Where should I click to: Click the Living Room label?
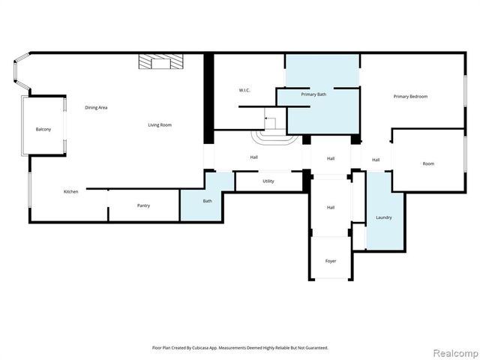pyautogui.click(x=160, y=124)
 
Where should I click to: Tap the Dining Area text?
pyautogui.click(x=96, y=108)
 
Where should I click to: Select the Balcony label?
pyautogui.click(x=43, y=130)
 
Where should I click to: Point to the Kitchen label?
pyautogui.click(x=70, y=192)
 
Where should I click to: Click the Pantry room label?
pyautogui.click(x=143, y=205)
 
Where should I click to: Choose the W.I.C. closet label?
pyautogui.click(x=244, y=91)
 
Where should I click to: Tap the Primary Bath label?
pyautogui.click(x=313, y=95)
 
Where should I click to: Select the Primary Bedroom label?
pyautogui.click(x=410, y=97)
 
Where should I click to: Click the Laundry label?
pyautogui.click(x=383, y=217)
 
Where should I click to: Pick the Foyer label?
pyautogui.click(x=330, y=261)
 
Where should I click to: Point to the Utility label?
pyautogui.click(x=268, y=181)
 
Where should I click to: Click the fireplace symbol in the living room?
pyautogui.click(x=159, y=62)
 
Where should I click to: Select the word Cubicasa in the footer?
pyautogui.click(x=202, y=348)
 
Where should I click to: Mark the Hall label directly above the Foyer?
pyautogui.click(x=330, y=207)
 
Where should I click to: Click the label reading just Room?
pyautogui.click(x=428, y=163)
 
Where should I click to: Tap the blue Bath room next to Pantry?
pyautogui.click(x=208, y=201)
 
